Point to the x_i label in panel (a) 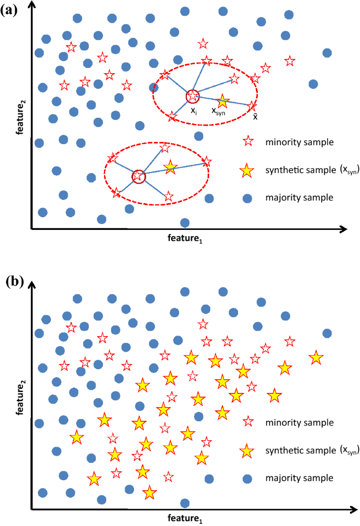[194, 111]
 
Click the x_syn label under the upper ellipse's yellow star [219, 111]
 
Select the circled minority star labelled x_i [193, 96]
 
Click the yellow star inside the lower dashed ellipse [170, 167]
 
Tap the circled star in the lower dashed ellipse [138, 177]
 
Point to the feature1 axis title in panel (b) [184, 519]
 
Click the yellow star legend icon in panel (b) [247, 451]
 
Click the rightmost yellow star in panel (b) [316, 358]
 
